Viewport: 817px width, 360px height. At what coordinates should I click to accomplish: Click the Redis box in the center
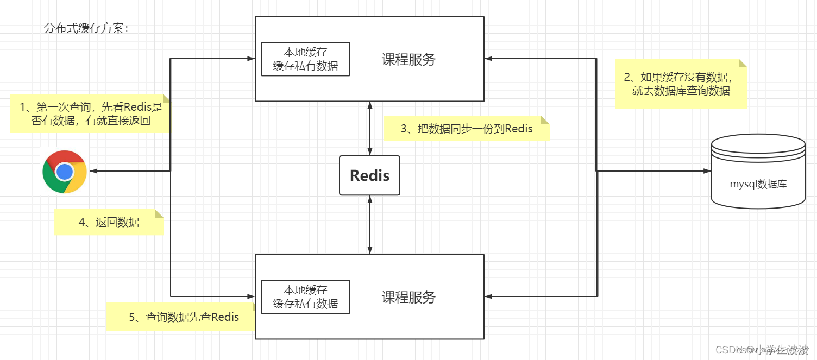point(369,175)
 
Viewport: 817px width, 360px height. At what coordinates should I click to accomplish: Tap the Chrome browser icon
point(65,172)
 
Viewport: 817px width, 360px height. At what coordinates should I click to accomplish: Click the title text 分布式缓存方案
point(86,28)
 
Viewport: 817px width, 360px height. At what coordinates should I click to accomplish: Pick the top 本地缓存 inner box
point(305,59)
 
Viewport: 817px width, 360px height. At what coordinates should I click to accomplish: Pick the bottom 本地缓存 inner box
point(305,296)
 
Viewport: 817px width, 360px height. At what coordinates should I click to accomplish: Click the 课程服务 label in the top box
point(409,60)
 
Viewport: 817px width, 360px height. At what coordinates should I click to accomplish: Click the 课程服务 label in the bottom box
point(409,297)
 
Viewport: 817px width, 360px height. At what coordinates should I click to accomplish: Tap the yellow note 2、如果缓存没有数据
point(681,84)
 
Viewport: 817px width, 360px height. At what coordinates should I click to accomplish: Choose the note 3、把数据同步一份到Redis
point(466,129)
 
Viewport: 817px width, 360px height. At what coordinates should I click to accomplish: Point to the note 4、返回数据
point(109,222)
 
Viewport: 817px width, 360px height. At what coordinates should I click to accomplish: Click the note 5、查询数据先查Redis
point(180,317)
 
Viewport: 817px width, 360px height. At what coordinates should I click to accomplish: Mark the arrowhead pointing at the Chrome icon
point(93,171)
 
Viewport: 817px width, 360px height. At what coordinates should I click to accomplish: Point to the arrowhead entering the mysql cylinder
point(707,171)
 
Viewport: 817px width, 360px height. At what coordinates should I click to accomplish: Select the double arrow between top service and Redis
point(370,128)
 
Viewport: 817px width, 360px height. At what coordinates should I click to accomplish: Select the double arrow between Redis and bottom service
point(370,225)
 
